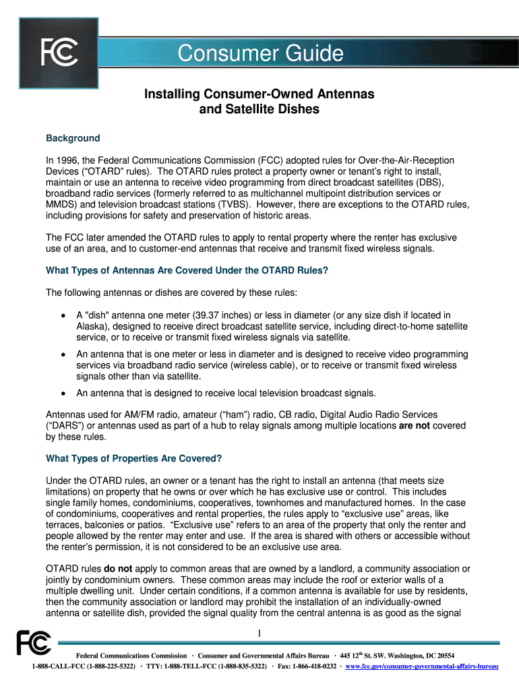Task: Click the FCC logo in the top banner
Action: (x=59, y=53)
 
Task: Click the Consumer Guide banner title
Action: (x=259, y=54)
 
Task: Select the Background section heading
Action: (x=73, y=138)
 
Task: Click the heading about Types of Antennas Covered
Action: (x=187, y=271)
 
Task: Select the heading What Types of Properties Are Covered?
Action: (x=133, y=459)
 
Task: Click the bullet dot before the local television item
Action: (x=63, y=394)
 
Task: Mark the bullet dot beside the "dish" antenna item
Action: (x=63, y=315)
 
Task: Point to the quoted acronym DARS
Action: (x=63, y=426)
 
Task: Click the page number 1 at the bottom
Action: (x=259, y=633)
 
